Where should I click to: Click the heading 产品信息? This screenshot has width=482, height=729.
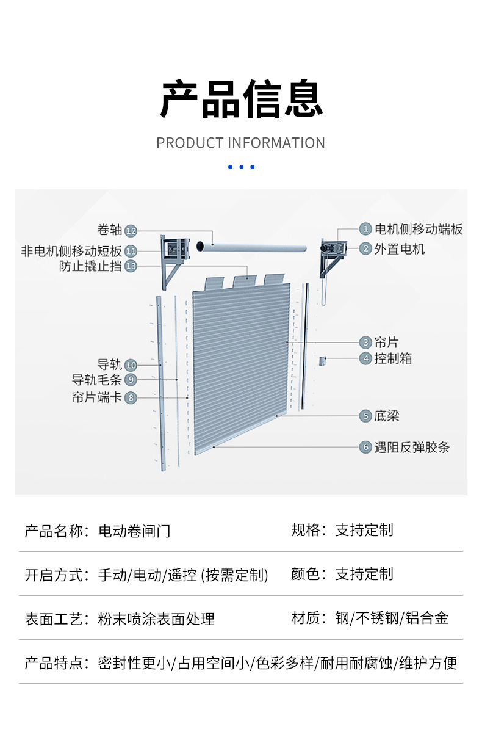(241, 99)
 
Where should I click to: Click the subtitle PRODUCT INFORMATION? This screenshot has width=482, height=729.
(241, 143)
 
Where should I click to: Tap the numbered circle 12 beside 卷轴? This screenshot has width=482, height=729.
(131, 231)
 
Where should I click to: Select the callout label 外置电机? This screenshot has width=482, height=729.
(400, 249)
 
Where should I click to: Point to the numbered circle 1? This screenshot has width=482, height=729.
(365, 229)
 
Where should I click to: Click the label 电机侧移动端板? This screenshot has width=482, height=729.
(419, 229)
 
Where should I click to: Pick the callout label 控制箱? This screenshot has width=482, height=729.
(394, 358)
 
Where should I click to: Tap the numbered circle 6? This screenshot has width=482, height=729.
(365, 448)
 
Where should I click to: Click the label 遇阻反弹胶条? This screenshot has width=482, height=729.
(412, 448)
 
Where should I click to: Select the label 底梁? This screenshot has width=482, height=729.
(387, 416)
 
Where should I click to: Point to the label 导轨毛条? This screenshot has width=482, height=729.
(97, 380)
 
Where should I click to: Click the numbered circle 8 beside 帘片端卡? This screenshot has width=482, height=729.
(131, 398)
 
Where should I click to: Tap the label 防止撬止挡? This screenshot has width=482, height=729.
(90, 266)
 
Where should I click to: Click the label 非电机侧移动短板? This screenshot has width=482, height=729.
(71, 251)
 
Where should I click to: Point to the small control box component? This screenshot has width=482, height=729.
(322, 361)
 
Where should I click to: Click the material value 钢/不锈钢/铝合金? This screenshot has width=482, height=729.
(392, 618)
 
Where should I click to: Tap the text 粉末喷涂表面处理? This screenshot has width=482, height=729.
(156, 618)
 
